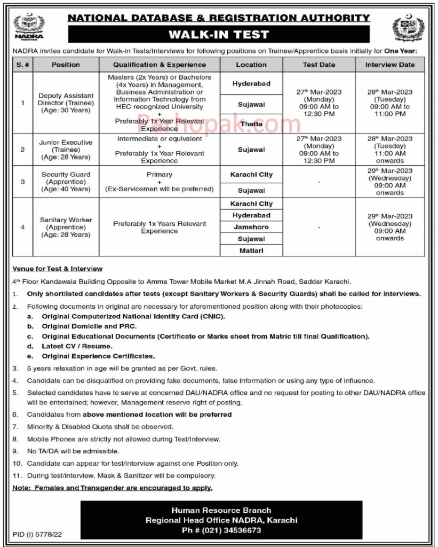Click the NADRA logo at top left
[x=29, y=27]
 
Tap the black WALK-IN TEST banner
[x=219, y=35]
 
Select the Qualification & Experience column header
[x=160, y=65]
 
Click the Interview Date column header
[x=389, y=65]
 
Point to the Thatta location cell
[x=251, y=124]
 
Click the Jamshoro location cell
[x=251, y=227]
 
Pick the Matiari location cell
[x=251, y=251]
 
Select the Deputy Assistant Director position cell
[x=66, y=103]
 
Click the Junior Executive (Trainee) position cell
[x=66, y=150]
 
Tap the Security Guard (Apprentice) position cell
[x=66, y=182]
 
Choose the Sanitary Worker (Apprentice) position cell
[x=66, y=227]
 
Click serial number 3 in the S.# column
[x=22, y=182]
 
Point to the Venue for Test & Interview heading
[x=57, y=269]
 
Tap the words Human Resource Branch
[x=221, y=510]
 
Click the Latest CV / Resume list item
[x=77, y=346]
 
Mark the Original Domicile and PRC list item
[x=89, y=326]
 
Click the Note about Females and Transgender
[x=112, y=488]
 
